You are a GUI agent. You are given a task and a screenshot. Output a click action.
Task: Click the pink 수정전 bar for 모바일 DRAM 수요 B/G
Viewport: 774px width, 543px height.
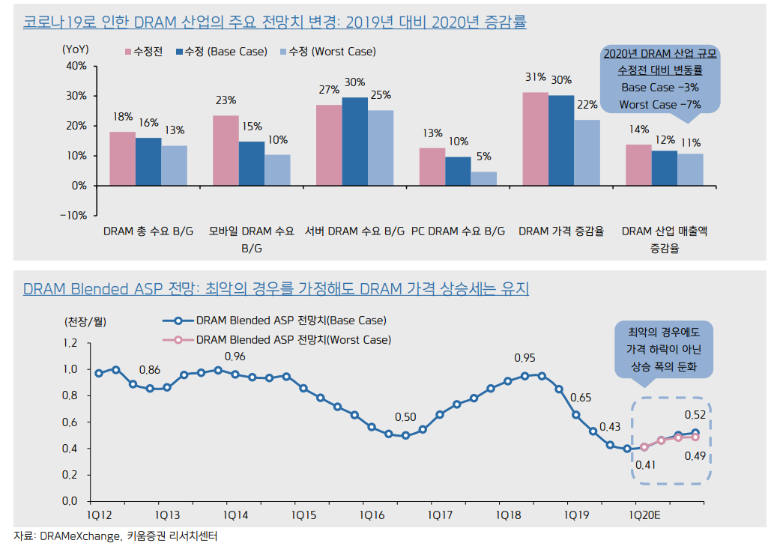(226, 150)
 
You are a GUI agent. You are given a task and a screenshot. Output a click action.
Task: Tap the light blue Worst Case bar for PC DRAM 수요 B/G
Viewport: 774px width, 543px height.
(483, 178)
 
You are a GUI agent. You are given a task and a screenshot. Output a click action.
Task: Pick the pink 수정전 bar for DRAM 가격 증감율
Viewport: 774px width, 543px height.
(535, 139)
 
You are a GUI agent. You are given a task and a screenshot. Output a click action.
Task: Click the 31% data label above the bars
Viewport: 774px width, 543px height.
(535, 77)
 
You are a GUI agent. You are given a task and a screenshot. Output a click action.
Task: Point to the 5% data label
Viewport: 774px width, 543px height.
(483, 157)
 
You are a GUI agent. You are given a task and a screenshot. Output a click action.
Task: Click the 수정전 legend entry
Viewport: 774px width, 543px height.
(148, 52)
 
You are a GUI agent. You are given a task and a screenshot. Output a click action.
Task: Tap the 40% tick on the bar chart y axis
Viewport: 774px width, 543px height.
(77, 66)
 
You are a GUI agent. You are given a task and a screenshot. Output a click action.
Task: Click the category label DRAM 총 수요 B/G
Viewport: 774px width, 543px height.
(148, 231)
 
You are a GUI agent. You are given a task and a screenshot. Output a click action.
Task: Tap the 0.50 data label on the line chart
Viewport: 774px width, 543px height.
(405, 416)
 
